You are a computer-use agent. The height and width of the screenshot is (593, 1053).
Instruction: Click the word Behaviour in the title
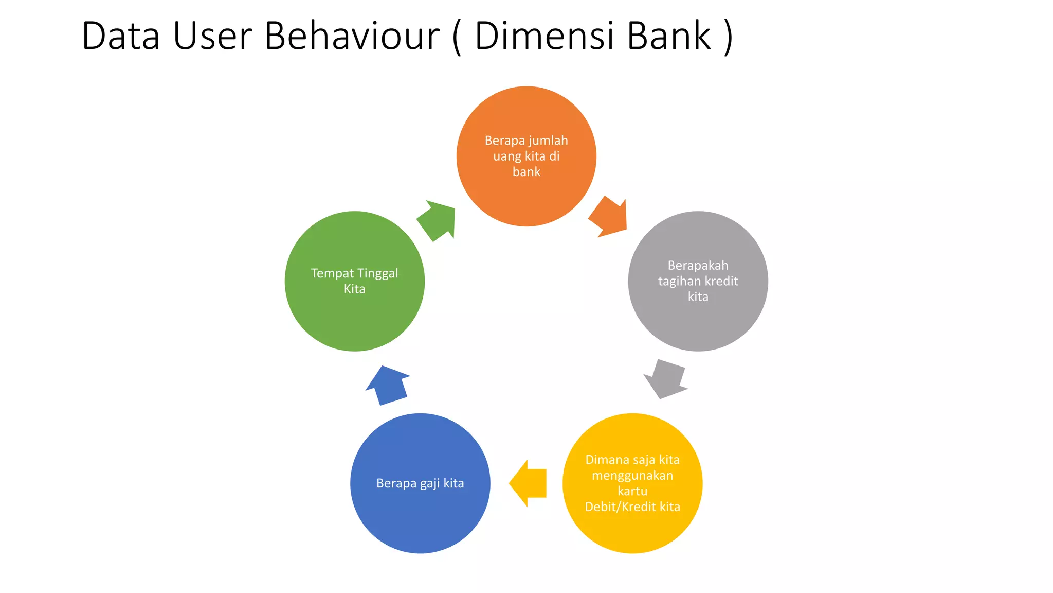click(352, 36)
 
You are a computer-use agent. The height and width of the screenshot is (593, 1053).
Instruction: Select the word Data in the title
click(121, 36)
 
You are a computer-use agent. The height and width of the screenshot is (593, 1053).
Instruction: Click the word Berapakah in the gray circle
click(698, 266)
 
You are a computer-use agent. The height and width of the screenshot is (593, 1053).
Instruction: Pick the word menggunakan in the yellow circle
click(632, 476)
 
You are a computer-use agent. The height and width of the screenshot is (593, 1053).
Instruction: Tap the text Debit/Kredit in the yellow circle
click(621, 507)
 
